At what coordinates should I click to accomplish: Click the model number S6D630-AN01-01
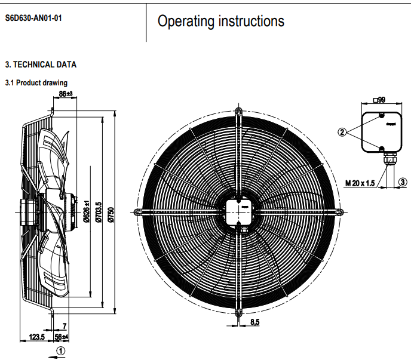(x=33, y=18)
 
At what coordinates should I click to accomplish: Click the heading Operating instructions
(x=220, y=21)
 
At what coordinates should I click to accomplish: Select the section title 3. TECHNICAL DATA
(x=41, y=64)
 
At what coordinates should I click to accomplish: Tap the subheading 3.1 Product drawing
(x=36, y=82)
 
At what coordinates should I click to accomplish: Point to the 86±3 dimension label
(x=66, y=94)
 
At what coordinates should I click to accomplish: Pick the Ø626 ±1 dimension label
(x=87, y=211)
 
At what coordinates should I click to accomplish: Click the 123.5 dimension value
(x=37, y=337)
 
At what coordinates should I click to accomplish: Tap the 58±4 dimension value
(x=61, y=337)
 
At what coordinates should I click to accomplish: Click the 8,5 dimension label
(x=255, y=322)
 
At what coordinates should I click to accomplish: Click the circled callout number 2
(x=342, y=132)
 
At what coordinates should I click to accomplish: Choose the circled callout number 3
(x=403, y=182)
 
